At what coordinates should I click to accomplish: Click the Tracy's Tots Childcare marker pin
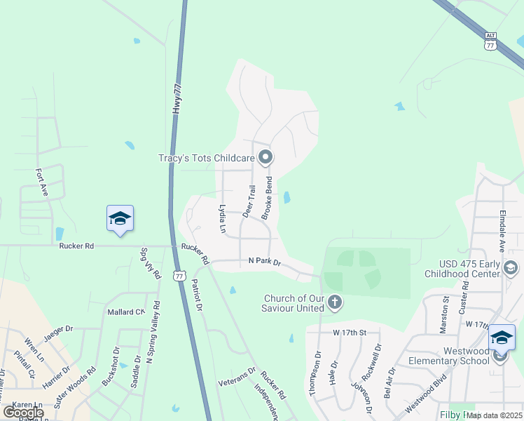[266, 156]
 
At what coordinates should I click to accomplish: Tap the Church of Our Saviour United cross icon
[335, 303]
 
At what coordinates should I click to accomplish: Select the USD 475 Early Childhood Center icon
[511, 268]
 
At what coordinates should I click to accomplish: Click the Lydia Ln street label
[222, 218]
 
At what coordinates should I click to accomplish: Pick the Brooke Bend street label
[266, 199]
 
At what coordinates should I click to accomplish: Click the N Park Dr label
[264, 262]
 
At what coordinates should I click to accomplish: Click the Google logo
[23, 413]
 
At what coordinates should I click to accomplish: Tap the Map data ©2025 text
[495, 415]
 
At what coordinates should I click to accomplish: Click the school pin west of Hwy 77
[120, 218]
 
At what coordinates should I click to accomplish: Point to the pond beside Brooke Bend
[287, 198]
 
